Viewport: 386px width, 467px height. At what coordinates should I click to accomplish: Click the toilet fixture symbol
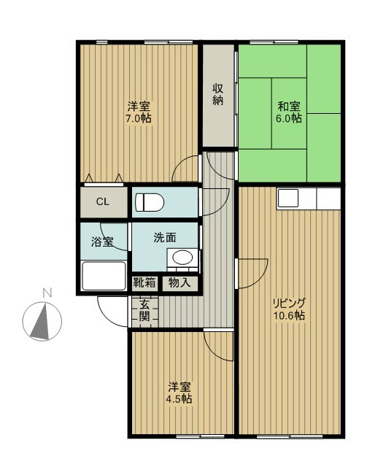click(x=150, y=202)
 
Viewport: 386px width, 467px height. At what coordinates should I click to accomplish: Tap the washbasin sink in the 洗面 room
click(x=182, y=258)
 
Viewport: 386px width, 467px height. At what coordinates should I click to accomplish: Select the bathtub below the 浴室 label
click(x=104, y=276)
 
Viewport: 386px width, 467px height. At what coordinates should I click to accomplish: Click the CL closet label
click(x=103, y=202)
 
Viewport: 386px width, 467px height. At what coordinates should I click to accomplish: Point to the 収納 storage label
click(x=218, y=94)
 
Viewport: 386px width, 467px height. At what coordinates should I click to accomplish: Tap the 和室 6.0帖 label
click(x=289, y=112)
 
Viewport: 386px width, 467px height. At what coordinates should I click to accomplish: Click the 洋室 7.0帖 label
click(x=139, y=112)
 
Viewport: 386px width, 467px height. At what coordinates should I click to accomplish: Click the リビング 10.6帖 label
click(x=289, y=309)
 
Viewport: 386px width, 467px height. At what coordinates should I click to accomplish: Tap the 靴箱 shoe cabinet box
click(x=144, y=282)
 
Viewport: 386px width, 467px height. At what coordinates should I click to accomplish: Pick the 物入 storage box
click(x=180, y=282)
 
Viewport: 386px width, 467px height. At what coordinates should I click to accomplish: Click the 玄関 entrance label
click(x=144, y=312)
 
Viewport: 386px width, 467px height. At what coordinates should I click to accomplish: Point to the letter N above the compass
click(x=47, y=293)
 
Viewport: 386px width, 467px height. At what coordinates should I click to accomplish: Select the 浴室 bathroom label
click(x=102, y=242)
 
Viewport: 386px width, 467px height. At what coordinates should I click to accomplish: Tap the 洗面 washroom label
click(x=165, y=237)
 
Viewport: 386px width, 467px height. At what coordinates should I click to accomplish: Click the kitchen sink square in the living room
click(x=288, y=198)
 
